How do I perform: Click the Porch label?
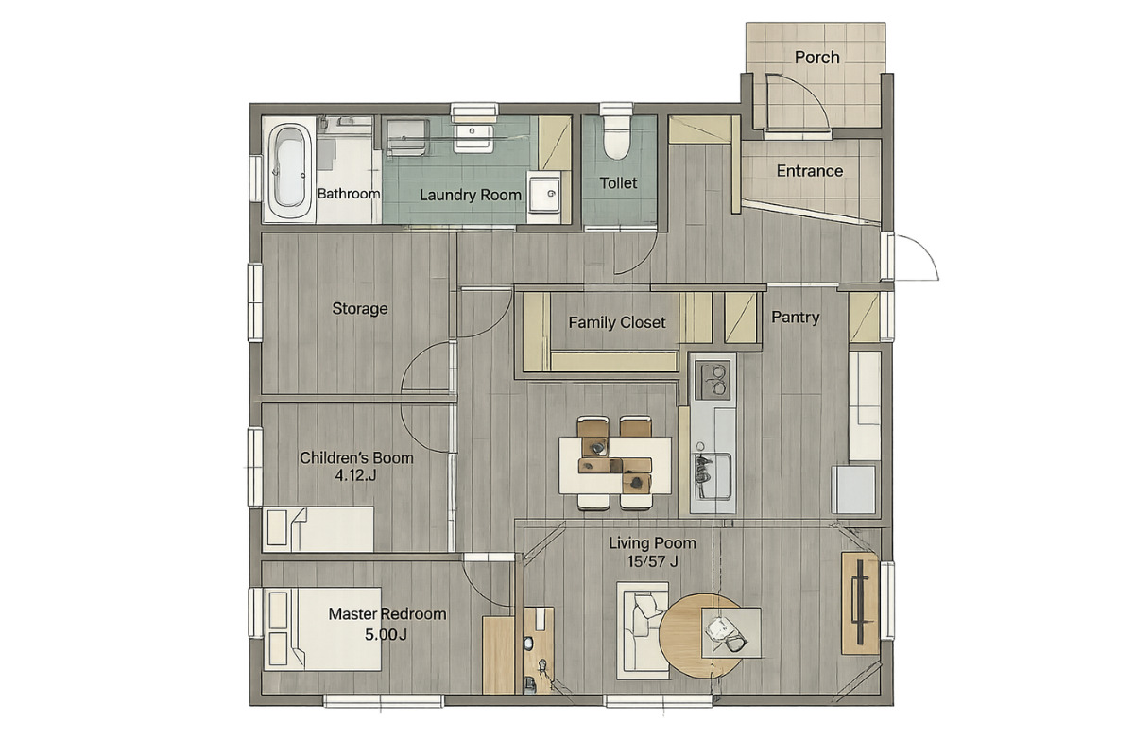[816, 58]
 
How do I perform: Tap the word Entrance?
[810, 171]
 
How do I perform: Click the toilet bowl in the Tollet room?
[616, 137]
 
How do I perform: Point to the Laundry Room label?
[471, 195]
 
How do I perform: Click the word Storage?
[360, 308]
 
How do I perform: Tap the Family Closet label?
[616, 322]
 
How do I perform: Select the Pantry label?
[796, 318]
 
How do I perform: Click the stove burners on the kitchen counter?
[713, 379]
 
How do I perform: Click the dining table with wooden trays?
[615, 465]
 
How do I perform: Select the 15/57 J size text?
[653, 561]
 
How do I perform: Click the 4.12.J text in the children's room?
[355, 475]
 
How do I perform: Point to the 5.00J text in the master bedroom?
[386, 634]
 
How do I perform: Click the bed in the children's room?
[318, 529]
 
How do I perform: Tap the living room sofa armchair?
[643, 630]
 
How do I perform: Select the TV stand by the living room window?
[860, 603]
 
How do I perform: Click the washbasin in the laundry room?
[472, 135]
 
